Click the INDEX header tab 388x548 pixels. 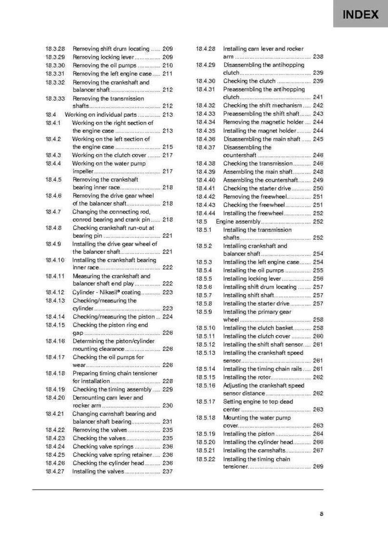click(x=360, y=14)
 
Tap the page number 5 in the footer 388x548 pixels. click(x=321, y=514)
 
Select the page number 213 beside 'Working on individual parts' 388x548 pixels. click(x=168, y=115)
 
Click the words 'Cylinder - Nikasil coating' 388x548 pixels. click(x=106, y=292)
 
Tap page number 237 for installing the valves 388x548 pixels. click(x=168, y=472)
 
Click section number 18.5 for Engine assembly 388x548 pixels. click(x=201, y=222)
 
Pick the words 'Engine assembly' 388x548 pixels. click(x=238, y=222)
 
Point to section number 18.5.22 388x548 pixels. click(x=206, y=459)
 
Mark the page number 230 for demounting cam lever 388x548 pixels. click(x=168, y=406)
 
